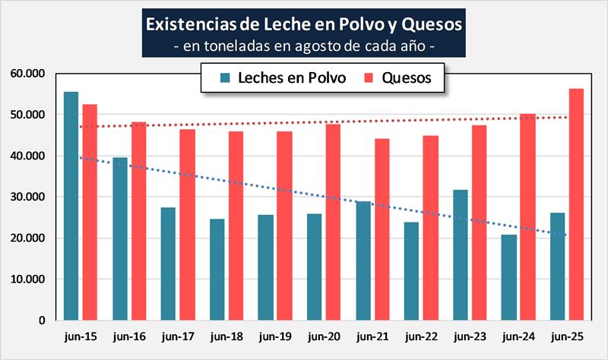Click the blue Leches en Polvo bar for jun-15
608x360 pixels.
click(71, 206)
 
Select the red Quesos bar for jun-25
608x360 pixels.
click(576, 204)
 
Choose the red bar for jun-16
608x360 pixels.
click(138, 221)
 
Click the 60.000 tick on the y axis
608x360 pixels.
click(29, 74)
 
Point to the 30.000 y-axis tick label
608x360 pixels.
click(29, 197)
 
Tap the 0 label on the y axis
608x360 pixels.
click(41, 321)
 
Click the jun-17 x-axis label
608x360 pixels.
click(178, 336)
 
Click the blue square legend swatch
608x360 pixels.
click(225, 77)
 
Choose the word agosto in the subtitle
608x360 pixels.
click(319, 46)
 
